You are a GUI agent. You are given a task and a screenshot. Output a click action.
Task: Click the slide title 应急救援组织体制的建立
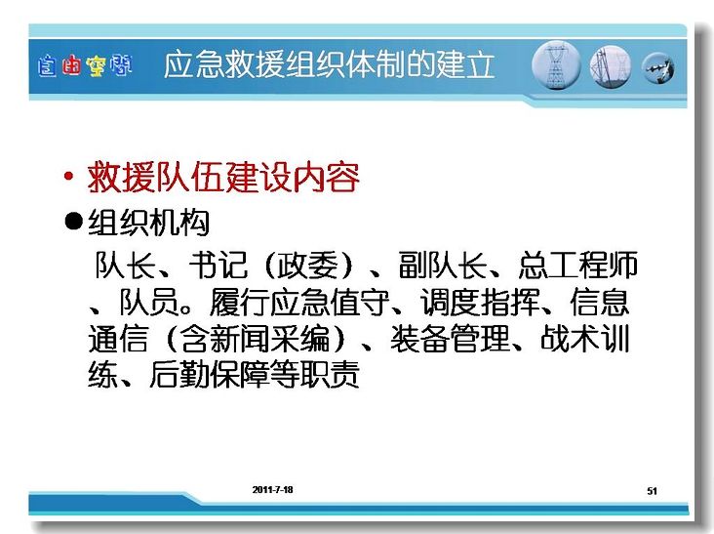(x=329, y=64)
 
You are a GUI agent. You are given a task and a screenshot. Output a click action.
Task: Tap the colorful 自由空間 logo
(x=85, y=65)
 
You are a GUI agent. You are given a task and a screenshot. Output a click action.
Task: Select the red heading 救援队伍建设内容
(x=223, y=178)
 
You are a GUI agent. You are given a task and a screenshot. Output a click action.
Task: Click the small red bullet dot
(x=68, y=176)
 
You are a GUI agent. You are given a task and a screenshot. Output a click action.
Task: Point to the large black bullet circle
(x=74, y=222)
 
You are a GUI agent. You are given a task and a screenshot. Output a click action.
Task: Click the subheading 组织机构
(x=148, y=223)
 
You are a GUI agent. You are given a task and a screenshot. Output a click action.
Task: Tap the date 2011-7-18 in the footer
(x=273, y=490)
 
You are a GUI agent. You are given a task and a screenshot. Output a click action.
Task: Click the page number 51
(x=653, y=491)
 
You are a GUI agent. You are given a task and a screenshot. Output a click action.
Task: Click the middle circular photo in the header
(x=611, y=67)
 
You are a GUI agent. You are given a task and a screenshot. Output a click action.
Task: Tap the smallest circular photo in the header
(x=658, y=68)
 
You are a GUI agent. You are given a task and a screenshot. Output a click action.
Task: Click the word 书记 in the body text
(x=218, y=266)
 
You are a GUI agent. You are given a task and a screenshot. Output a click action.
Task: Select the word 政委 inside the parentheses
(x=308, y=266)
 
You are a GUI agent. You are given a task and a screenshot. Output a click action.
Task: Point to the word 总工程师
(x=578, y=266)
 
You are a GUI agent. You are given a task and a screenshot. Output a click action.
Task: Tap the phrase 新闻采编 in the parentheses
(x=269, y=339)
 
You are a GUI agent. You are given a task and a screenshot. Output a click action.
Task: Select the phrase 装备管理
(x=450, y=339)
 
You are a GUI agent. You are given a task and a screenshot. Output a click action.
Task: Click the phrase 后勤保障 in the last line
(x=209, y=375)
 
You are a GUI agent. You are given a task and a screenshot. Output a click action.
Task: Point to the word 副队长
(x=443, y=266)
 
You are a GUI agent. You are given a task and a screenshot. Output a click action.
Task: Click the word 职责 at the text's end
(x=330, y=375)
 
